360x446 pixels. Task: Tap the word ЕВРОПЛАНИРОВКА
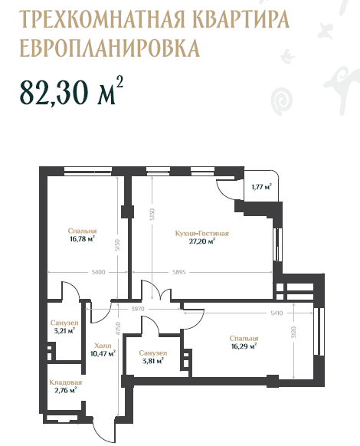110,48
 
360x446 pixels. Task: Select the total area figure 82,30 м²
71,91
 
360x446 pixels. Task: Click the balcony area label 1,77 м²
262,187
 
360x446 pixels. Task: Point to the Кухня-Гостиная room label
202,234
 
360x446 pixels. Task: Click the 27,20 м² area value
202,241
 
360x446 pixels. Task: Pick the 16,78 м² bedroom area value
82,238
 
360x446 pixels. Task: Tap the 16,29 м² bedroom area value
244,346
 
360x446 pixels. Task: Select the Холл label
103,346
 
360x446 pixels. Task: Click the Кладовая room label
65,382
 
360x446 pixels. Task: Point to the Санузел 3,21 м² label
64,326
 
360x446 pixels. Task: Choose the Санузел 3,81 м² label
152,357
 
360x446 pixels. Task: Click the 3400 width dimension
98,272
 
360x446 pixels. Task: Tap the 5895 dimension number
179,272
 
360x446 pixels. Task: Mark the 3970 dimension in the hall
138,309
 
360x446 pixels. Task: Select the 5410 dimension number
277,313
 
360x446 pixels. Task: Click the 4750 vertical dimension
118,329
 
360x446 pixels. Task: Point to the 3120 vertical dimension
293,332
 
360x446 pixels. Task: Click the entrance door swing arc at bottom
103,435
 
